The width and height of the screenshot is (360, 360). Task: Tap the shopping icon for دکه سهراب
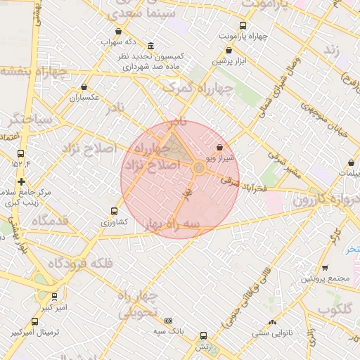tap(118, 31)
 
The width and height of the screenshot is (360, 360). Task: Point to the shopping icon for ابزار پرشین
tap(229, 51)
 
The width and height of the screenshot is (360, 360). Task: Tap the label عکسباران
tap(84, 98)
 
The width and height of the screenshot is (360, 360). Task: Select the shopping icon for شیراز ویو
tap(221, 148)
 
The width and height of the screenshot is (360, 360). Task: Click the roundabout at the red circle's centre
tap(199, 167)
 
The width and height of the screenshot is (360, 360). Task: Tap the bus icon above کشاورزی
tap(114, 211)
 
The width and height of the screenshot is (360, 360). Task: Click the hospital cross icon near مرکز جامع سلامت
tap(21, 181)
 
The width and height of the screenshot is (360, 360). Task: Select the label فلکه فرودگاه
tap(79, 264)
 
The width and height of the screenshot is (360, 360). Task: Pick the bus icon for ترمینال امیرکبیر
tap(14, 321)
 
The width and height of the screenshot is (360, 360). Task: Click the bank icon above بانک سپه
tap(168, 321)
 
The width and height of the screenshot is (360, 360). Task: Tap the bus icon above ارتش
tap(204, 336)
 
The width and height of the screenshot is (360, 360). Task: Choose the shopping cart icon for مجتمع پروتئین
tap(325, 268)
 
